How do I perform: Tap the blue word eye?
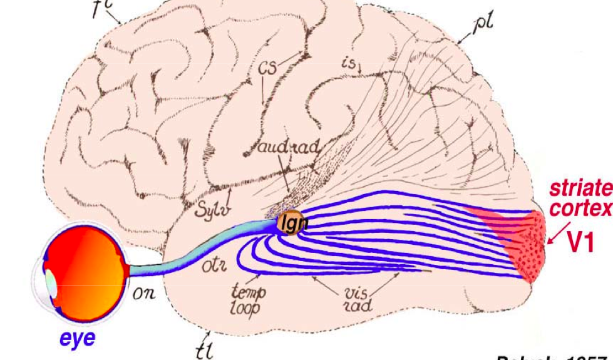coord(78,338)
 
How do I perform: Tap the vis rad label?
coord(359,299)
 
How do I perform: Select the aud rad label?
coord(288,148)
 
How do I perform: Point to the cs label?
coord(268,67)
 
